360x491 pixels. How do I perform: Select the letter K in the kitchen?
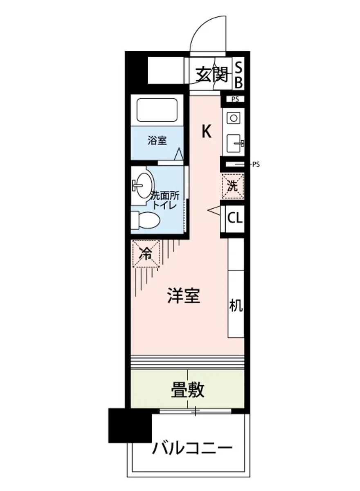(x=207, y=132)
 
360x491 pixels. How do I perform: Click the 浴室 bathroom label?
(x=157, y=141)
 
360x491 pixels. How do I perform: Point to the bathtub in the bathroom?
(x=157, y=110)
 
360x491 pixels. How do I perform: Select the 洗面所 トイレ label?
(x=164, y=200)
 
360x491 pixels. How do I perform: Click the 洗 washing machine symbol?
(x=232, y=186)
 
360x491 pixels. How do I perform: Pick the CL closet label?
(x=235, y=218)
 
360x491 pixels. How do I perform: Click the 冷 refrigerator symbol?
(x=145, y=254)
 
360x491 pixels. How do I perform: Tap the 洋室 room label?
(x=184, y=296)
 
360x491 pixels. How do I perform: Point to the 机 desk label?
(x=236, y=305)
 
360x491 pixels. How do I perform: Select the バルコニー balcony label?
(x=192, y=448)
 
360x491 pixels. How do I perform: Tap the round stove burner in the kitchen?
(x=234, y=118)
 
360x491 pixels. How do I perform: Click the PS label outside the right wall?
(x=256, y=165)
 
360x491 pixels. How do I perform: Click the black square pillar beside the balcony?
(x=129, y=426)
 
